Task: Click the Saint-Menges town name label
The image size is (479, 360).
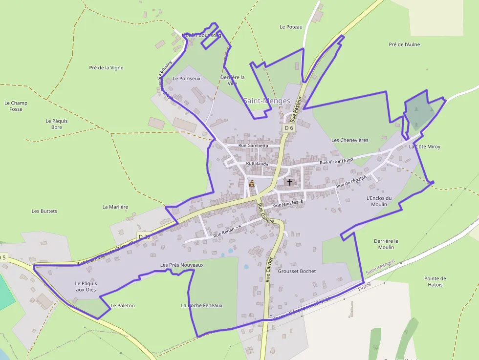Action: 267,101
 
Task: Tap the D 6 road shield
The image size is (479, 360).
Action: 289,128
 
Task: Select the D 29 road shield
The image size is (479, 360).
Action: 144,236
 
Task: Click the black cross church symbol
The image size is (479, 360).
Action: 290,182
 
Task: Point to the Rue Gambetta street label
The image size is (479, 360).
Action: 253,146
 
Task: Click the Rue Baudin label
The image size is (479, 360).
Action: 258,164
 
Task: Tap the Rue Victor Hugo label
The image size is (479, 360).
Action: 336,161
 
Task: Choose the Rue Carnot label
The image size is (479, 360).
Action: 268,270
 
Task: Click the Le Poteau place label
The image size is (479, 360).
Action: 291,27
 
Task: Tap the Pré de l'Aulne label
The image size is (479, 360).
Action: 404,44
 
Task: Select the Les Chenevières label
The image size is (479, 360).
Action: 350,140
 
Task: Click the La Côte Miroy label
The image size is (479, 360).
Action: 425,147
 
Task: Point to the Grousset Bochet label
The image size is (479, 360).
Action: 297,271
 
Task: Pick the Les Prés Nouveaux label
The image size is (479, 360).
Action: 182,265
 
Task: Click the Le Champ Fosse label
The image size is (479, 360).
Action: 16,106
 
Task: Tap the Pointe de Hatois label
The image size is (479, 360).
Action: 435,281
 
